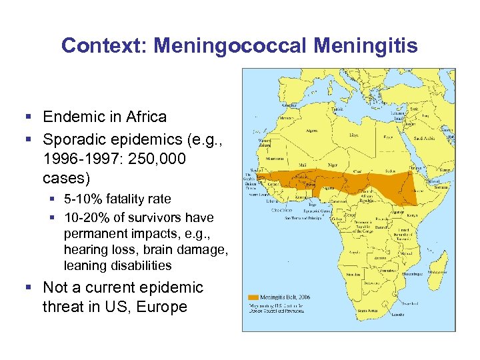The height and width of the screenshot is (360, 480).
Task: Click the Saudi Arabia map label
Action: pos(424,138)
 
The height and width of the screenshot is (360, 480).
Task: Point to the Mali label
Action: pos(303,165)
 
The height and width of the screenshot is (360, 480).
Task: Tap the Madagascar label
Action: pos(437,272)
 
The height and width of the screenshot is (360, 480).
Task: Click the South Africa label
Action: pos(367,311)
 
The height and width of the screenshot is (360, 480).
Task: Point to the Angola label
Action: pos(355,252)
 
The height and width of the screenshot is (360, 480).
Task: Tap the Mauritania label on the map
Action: pos(275,159)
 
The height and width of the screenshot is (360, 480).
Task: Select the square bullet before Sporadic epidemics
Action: pos(29,139)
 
